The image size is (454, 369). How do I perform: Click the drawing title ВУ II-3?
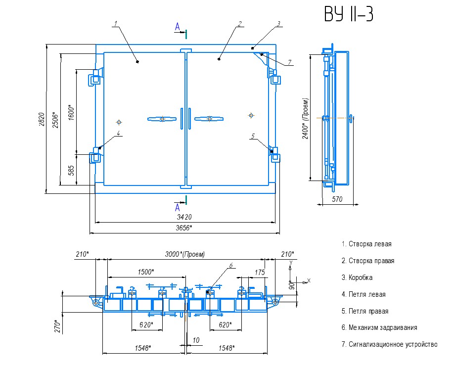[x=349, y=14]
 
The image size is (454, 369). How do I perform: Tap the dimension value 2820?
[x=42, y=119]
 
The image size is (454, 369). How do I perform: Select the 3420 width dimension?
[x=184, y=217]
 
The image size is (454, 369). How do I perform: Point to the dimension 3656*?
[x=184, y=228]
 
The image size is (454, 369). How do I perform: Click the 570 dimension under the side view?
[x=337, y=199]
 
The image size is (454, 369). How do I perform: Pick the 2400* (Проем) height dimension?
[x=306, y=118]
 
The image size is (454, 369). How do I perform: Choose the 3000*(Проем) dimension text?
[x=185, y=254]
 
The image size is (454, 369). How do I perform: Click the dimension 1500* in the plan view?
[x=145, y=272]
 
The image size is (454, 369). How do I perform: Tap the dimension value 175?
[x=260, y=272]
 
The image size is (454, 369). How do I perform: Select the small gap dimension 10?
[x=196, y=340]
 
